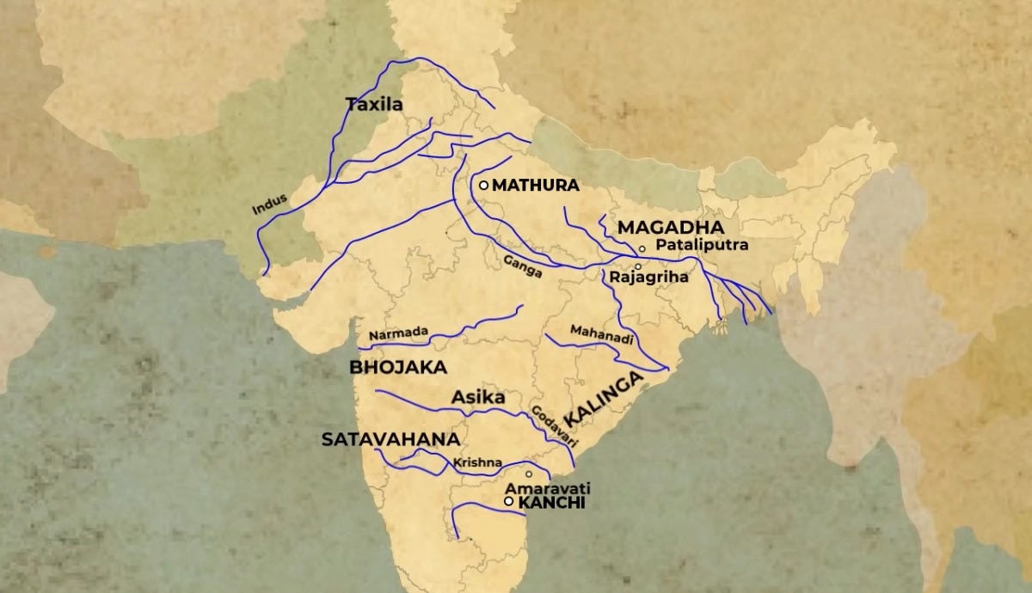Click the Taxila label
pyautogui.click(x=374, y=105)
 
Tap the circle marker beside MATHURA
pyautogui.click(x=484, y=185)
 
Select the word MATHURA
pyautogui.click(x=536, y=185)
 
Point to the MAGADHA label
pyautogui.click(x=671, y=228)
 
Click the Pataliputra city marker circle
pyautogui.click(x=642, y=248)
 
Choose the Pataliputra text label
pyautogui.click(x=702, y=245)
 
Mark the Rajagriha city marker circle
pyautogui.click(x=637, y=266)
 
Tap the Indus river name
pyautogui.click(x=269, y=203)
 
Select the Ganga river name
pyautogui.click(x=524, y=267)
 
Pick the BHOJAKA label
pyautogui.click(x=397, y=367)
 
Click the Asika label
pyautogui.click(x=477, y=398)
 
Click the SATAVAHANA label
pyautogui.click(x=390, y=439)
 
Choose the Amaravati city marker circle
pyautogui.click(x=529, y=474)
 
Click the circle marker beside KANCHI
pyautogui.click(x=509, y=501)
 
